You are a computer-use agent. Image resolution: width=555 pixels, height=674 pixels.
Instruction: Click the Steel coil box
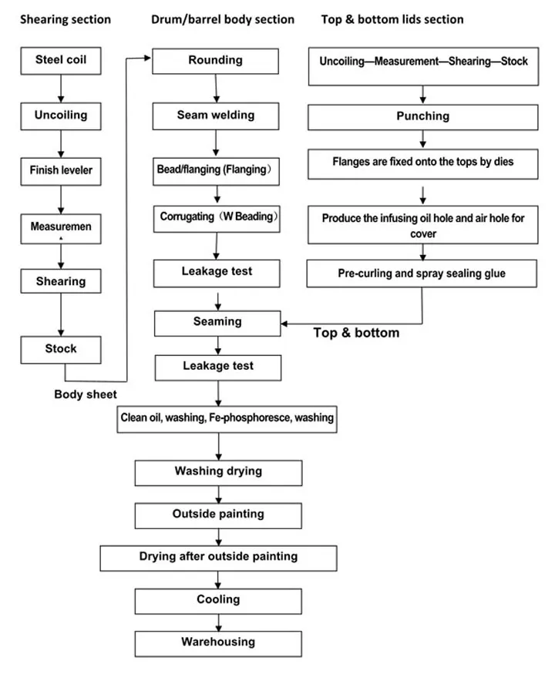pyautogui.click(x=60, y=60)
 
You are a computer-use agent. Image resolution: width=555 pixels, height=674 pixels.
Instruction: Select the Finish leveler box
pyautogui.click(x=60, y=170)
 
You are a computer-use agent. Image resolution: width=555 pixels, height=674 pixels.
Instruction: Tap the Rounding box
pyautogui.click(x=217, y=61)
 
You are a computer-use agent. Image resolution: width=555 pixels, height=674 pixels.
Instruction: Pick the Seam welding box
pyautogui.click(x=216, y=116)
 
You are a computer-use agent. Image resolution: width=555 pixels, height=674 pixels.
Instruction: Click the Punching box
pyautogui.click(x=422, y=117)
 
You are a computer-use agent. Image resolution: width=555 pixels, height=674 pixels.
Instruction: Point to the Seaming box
pyautogui.click(x=217, y=323)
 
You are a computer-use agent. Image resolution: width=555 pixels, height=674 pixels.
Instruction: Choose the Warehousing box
pyautogui.click(x=218, y=642)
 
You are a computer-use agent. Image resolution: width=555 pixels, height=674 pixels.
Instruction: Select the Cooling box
pyautogui.click(x=218, y=600)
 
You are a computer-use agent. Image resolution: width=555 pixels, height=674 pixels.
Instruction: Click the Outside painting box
pyautogui.click(x=218, y=515)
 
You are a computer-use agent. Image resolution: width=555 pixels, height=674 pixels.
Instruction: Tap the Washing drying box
pyautogui.click(x=218, y=472)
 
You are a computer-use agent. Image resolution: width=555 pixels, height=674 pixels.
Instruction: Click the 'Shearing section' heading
pyautogui.click(x=65, y=19)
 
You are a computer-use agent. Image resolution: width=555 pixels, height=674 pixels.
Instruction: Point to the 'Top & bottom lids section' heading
pyautogui.click(x=392, y=19)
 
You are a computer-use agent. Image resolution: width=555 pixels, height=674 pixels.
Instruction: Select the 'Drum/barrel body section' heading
pyautogui.click(x=223, y=19)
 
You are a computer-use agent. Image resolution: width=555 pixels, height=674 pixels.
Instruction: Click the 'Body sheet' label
pyautogui.click(x=86, y=394)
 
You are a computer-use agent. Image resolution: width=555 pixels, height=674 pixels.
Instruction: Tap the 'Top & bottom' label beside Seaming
pyautogui.click(x=356, y=333)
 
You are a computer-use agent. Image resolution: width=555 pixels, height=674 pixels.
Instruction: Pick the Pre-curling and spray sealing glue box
pyautogui.click(x=422, y=273)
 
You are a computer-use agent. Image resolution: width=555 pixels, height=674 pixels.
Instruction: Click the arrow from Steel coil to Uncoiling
pyautogui.click(x=60, y=88)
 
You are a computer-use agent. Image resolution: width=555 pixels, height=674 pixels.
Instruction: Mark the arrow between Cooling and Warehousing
pyautogui.click(x=218, y=621)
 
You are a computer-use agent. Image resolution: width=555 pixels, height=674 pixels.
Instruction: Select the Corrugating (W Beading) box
pyautogui.click(x=217, y=218)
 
